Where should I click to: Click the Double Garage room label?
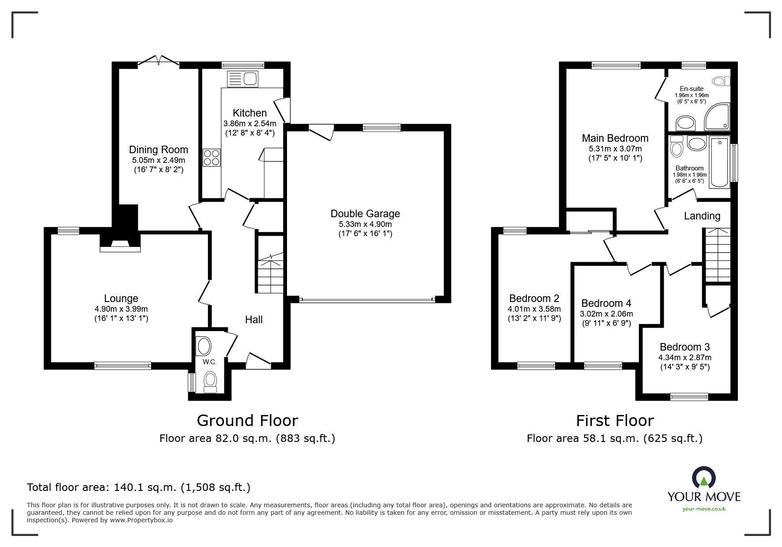click(x=365, y=214)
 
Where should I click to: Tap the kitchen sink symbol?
click(x=242, y=79)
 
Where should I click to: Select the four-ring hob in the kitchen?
click(x=212, y=158)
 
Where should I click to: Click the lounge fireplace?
click(x=120, y=243)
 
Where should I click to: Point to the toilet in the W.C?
click(x=210, y=381)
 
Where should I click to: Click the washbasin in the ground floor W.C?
click(x=204, y=346)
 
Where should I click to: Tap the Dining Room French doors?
click(x=159, y=62)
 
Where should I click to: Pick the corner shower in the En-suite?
click(x=717, y=117)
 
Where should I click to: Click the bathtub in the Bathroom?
click(x=720, y=162)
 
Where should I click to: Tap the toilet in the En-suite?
click(x=721, y=81)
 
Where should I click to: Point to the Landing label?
click(x=702, y=216)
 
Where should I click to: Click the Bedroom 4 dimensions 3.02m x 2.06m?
click(x=606, y=314)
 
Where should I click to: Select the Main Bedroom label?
click(x=615, y=138)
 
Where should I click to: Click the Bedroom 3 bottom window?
click(x=689, y=396)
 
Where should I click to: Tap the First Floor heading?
click(x=615, y=421)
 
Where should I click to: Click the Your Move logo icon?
click(x=704, y=478)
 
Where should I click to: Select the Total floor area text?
click(x=139, y=487)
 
